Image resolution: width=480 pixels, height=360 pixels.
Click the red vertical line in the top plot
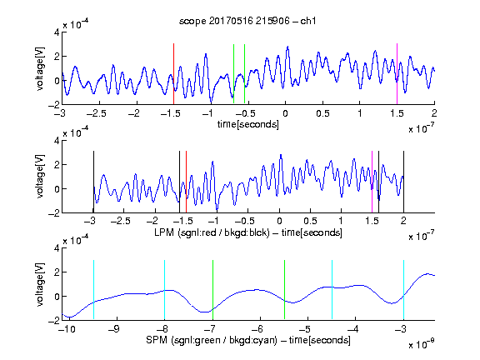tap(173, 74)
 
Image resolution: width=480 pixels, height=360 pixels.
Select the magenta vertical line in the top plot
tap(397, 74)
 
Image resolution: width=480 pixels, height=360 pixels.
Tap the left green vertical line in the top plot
tap(233, 74)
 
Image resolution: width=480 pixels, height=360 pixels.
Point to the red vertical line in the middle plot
tap(186, 182)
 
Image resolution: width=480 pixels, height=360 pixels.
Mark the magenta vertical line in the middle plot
tap(372, 182)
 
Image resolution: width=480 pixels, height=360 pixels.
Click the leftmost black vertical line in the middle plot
tap(93, 182)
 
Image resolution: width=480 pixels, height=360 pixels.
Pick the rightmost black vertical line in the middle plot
tap(403, 182)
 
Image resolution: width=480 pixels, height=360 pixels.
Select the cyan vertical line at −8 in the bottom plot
tap(164, 290)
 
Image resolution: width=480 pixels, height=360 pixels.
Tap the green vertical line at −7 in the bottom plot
tap(212, 290)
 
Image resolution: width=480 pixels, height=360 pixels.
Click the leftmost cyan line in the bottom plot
tap(93, 290)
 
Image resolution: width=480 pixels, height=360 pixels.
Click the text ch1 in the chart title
tap(308, 21)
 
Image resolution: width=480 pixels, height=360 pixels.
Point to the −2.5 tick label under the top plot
tap(97, 113)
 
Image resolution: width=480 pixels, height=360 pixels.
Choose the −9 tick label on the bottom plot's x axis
tap(114, 329)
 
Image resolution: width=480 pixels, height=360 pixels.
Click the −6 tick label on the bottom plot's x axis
tap(259, 329)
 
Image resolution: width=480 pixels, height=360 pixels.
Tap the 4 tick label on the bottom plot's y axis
tap(57, 247)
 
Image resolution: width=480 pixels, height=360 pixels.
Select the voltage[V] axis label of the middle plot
tap(40, 177)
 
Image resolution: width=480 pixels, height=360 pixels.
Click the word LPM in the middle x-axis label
tap(164, 232)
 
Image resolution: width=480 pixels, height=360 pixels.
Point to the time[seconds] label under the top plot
tap(248, 124)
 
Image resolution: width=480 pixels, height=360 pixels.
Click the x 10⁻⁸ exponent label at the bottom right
tap(421, 344)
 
